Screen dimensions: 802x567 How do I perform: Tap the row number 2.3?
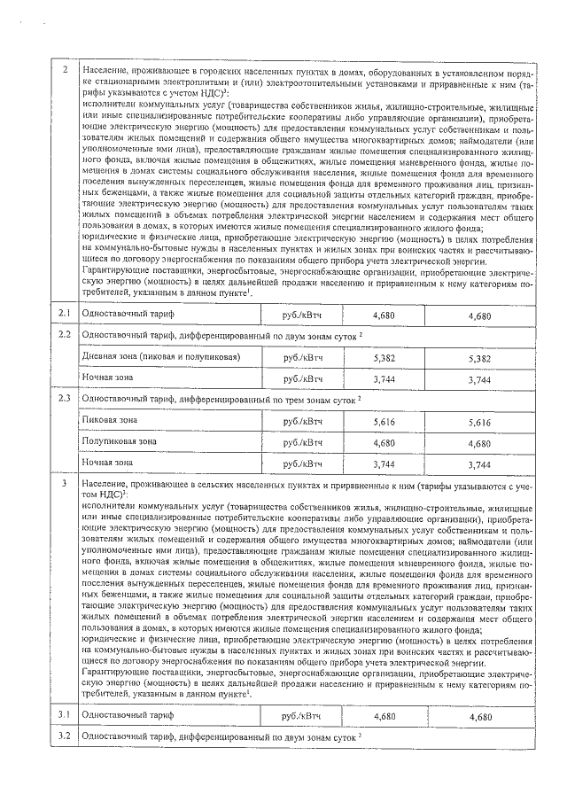pyautogui.click(x=64, y=399)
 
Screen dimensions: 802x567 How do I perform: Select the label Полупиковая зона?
pyautogui.click(x=119, y=440)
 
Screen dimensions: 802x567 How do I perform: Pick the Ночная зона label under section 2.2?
pyautogui.click(x=106, y=378)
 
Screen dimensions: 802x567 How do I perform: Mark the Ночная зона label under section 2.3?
pyautogui.click(x=106, y=462)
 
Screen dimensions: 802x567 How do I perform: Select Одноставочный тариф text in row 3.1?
pyautogui.click(x=128, y=715)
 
